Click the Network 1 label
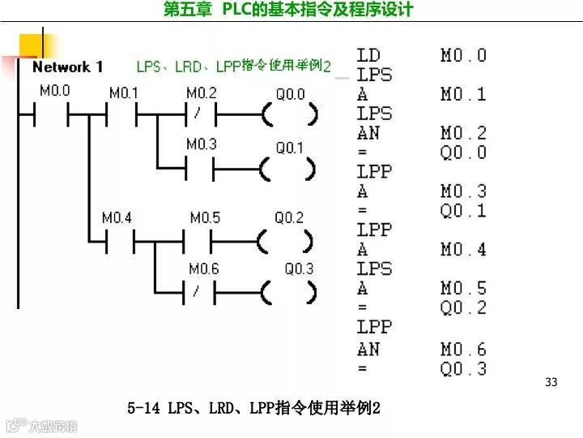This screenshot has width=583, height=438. click(67, 67)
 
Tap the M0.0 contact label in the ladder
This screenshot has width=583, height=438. click(55, 91)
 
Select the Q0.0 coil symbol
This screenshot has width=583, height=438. click(289, 116)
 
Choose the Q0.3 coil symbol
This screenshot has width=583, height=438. click(288, 291)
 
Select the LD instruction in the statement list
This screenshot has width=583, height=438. click(368, 56)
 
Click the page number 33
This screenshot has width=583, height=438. click(551, 382)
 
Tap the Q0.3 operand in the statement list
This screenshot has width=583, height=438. click(463, 369)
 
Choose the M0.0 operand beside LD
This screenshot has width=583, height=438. click(463, 56)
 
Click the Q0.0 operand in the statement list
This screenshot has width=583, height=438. click(463, 152)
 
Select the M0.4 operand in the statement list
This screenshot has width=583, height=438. click(463, 250)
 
